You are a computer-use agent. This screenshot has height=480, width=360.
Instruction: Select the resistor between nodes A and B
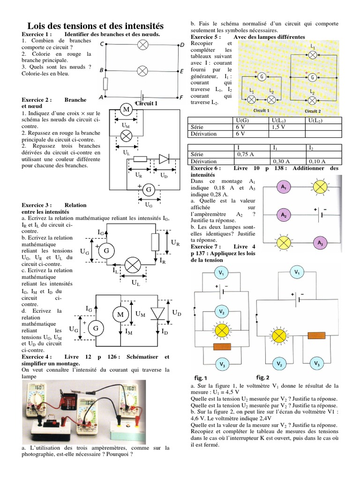(105, 84)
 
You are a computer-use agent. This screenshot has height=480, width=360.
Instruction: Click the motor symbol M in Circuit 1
(126, 110)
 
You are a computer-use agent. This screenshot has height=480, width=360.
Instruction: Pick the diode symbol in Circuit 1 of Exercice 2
(163, 159)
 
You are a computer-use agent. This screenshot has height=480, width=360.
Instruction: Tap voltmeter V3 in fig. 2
(317, 364)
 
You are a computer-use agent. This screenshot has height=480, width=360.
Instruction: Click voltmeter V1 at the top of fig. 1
(221, 272)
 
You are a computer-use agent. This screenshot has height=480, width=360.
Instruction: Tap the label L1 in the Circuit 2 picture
(313, 46)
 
